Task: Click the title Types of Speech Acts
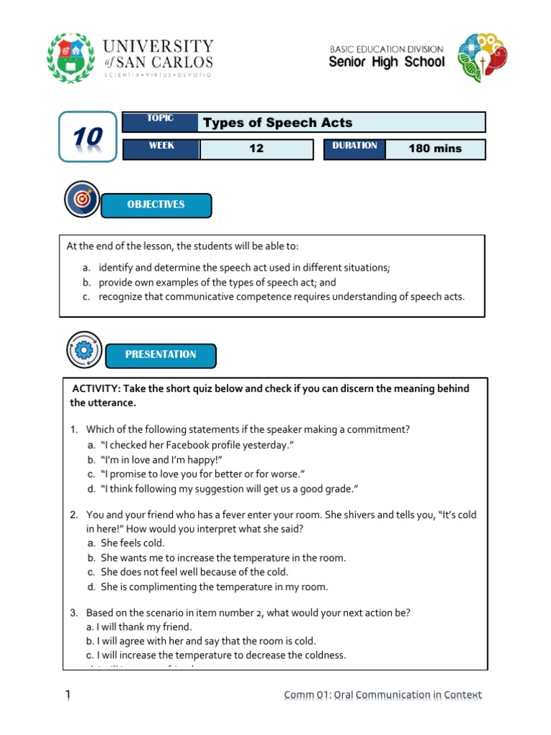click(278, 122)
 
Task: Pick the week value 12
click(256, 149)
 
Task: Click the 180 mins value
click(435, 149)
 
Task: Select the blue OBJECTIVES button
click(156, 205)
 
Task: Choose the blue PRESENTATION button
click(161, 355)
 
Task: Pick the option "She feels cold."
click(133, 543)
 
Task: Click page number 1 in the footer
click(67, 694)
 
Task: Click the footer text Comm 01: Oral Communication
click(382, 695)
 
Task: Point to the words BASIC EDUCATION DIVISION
click(387, 49)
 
